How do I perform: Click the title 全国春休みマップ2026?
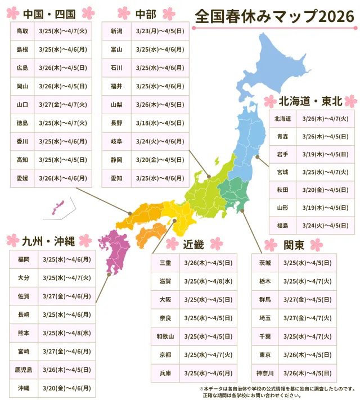274,17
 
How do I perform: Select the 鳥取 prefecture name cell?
22,31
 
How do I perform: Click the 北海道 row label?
282,119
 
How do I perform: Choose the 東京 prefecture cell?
264,354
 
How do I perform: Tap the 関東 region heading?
294,245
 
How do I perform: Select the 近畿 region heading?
194,245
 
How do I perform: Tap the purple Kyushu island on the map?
115,248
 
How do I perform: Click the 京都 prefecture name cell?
165,354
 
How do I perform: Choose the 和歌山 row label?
165,336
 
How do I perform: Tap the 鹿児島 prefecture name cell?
24,370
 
